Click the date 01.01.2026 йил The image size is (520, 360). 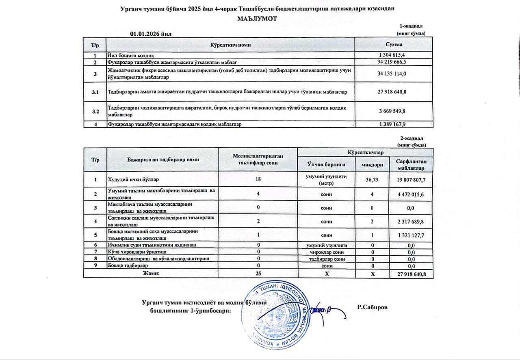151,34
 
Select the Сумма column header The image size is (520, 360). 394,44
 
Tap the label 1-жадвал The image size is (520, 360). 412,26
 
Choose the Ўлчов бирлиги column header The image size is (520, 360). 326,164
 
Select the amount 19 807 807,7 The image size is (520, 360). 411,179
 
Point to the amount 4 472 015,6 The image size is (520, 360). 411,194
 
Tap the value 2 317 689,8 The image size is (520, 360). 411,222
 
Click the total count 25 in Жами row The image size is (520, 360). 258,274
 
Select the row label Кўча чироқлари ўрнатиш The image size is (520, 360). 130,252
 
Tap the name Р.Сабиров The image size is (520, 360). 373,307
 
